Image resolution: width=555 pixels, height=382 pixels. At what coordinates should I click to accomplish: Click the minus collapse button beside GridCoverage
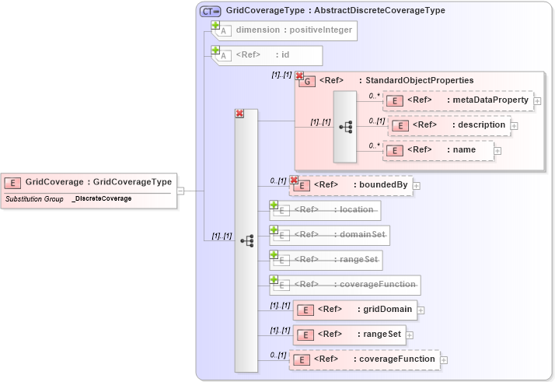point(180,190)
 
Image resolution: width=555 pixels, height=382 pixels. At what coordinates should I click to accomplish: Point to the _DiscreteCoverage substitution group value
point(102,199)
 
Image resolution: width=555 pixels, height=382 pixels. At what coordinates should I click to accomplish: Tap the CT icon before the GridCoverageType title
point(210,11)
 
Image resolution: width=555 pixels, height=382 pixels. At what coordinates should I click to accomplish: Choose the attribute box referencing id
point(268,55)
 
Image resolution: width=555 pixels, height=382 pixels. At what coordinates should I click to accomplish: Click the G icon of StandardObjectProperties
point(307,81)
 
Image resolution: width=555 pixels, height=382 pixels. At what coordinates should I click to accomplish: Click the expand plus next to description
point(514,125)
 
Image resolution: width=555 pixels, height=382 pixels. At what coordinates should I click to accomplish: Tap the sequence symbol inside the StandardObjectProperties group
point(345,126)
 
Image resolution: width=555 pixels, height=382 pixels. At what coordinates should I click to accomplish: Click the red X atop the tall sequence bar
point(239,114)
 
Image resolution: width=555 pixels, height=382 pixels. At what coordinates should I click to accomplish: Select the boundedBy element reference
point(354,185)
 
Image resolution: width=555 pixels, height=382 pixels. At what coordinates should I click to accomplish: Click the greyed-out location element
point(326,210)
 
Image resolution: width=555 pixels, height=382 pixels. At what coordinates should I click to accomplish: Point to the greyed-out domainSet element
point(330,234)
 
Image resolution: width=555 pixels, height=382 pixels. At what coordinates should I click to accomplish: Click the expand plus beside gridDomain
point(421,310)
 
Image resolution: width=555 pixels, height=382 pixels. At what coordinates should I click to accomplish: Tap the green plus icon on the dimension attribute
point(216,26)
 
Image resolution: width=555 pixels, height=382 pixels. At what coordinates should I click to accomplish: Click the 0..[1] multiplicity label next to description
point(377,121)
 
